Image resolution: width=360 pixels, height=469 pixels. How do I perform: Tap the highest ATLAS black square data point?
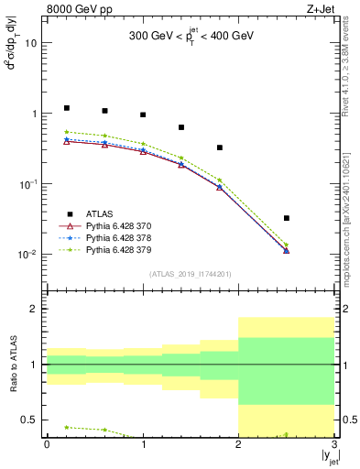click(66, 108)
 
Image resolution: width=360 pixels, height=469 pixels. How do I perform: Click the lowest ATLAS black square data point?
click(287, 218)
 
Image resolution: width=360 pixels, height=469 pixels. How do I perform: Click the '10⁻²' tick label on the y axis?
click(28, 255)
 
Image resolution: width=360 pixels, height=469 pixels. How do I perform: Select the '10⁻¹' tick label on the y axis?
click(28, 184)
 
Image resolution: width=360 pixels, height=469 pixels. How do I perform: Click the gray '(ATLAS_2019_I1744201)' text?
click(191, 274)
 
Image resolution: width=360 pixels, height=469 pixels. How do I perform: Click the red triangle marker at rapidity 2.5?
click(287, 250)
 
